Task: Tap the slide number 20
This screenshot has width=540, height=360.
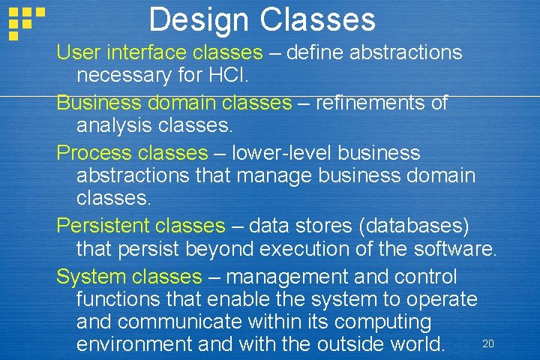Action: click(488, 343)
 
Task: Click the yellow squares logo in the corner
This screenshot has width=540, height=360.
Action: click(25, 21)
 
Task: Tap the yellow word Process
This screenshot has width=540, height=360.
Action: click(93, 153)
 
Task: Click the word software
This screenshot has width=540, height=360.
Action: click(457, 248)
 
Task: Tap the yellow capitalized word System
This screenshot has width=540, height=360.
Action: click(90, 277)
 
